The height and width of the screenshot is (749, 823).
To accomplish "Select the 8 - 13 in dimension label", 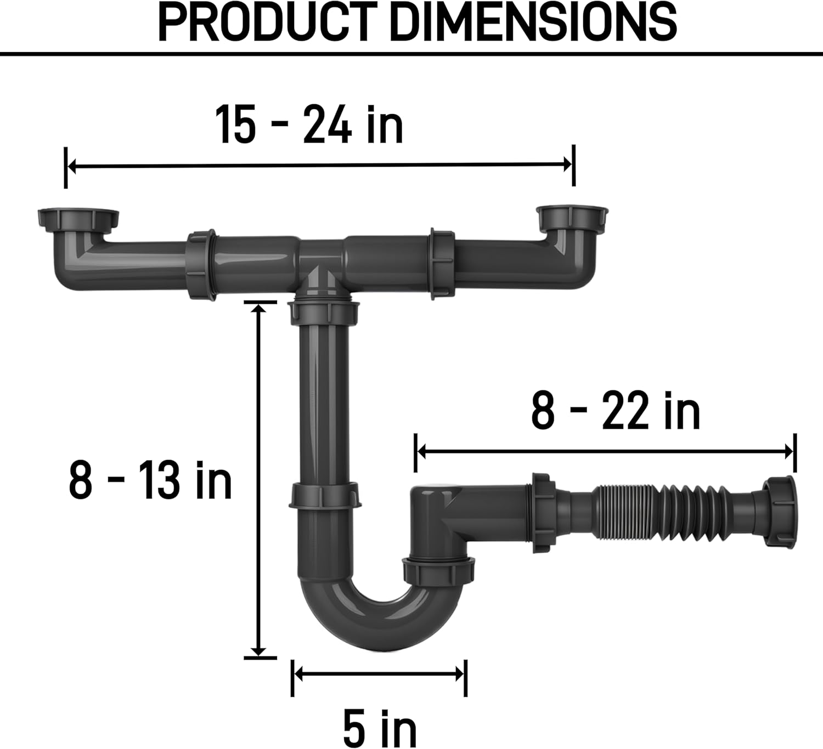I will point(150,481).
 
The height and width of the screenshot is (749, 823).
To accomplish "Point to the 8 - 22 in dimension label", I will point(616,411).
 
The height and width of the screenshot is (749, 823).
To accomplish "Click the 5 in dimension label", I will point(380,727).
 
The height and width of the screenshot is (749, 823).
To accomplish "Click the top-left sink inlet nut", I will point(78,219).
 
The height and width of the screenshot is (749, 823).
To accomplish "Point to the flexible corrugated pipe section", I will point(658,506).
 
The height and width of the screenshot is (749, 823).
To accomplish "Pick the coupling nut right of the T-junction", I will point(442,264).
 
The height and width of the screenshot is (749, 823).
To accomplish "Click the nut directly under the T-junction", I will point(324,310).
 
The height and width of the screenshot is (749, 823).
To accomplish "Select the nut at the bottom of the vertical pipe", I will point(324,496).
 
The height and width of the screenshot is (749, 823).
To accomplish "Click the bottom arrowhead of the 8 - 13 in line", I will point(259,651).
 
